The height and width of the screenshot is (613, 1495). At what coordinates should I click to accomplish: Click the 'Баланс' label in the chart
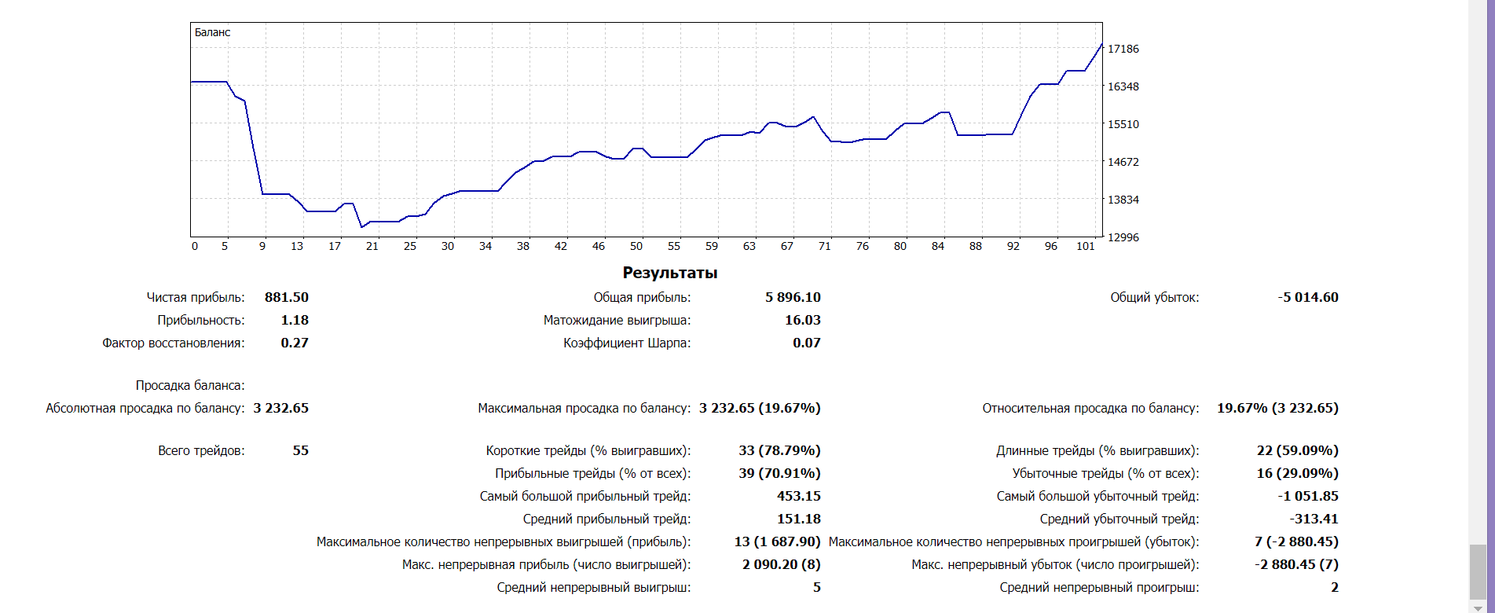coord(212,32)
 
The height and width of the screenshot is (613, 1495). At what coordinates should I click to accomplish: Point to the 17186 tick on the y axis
coord(1123,49)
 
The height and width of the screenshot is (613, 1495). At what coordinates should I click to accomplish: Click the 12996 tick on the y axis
coord(1123,237)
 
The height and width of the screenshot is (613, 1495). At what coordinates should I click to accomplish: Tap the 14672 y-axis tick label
coord(1123,162)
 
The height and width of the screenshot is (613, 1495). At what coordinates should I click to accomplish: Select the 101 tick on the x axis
coord(1085,246)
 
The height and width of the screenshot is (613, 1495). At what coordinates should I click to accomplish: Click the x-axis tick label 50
coord(636,246)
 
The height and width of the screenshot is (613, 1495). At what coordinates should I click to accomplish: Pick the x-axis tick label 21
coord(372,246)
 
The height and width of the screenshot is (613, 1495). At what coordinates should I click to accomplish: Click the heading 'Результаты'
coord(670,273)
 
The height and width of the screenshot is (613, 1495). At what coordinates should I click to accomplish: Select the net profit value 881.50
coord(287,297)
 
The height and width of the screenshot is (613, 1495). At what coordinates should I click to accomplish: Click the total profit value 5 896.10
coord(793,297)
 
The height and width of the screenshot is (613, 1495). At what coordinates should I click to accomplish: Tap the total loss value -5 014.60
coord(1308,297)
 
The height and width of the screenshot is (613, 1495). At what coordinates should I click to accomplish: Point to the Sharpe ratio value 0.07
coord(807,343)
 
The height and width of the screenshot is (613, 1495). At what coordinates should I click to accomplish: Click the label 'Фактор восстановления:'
coord(174,343)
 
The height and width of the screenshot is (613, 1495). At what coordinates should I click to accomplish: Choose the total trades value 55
coord(301,450)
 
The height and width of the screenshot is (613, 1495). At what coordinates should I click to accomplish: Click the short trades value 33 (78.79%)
coord(779,450)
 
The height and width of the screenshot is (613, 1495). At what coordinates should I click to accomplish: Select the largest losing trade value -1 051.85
coord(1308,496)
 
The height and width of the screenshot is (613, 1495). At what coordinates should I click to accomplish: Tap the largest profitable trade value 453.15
coord(799,496)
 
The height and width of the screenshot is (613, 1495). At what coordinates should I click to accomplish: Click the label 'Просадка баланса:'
coord(190,385)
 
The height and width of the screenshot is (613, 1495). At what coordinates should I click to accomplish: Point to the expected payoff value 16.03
coord(803,320)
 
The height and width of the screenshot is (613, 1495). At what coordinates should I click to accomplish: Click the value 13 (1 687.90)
coord(777,541)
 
